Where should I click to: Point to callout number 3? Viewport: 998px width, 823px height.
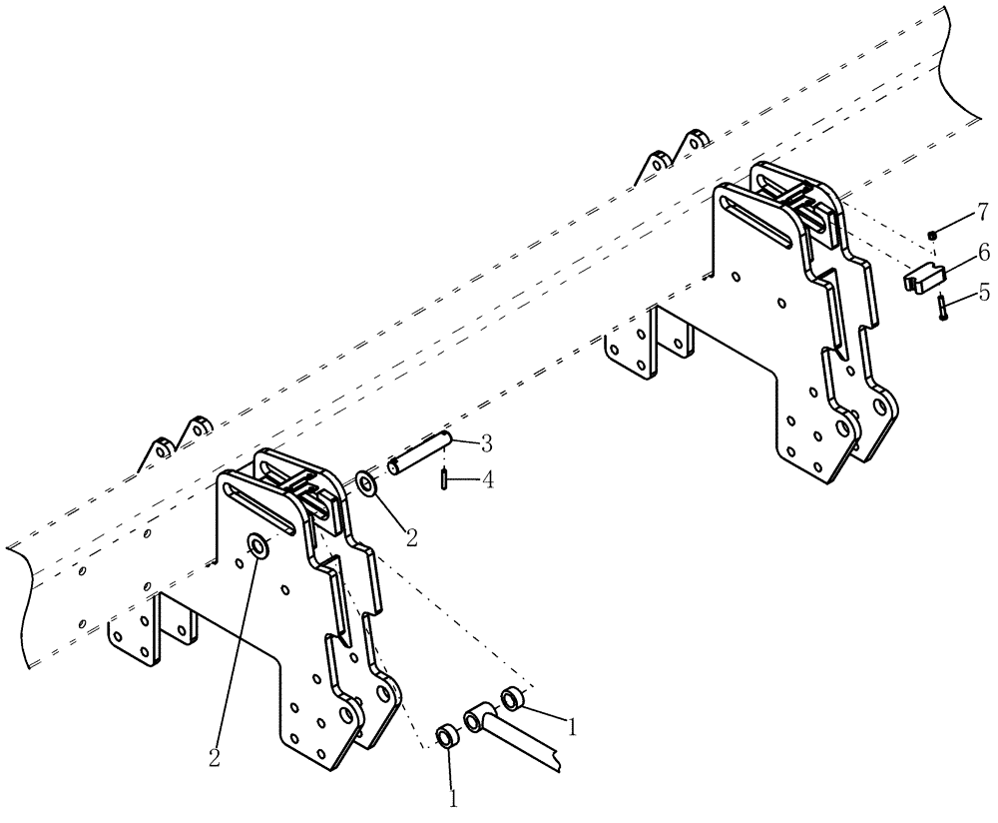(x=486, y=441)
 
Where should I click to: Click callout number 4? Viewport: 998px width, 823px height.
(x=486, y=480)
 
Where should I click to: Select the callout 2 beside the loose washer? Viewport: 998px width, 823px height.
(x=410, y=537)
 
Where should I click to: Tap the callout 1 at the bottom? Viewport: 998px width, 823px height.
(x=452, y=799)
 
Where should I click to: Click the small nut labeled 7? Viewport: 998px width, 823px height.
(x=931, y=235)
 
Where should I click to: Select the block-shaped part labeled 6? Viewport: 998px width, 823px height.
(x=924, y=276)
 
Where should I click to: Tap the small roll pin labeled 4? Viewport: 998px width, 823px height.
(x=442, y=480)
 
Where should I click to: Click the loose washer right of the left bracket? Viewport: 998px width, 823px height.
(x=366, y=485)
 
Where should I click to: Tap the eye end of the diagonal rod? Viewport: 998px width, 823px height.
(x=477, y=715)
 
